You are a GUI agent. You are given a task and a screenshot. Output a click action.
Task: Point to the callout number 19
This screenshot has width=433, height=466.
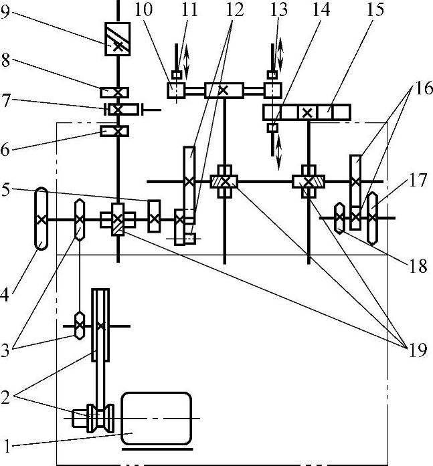[416, 348]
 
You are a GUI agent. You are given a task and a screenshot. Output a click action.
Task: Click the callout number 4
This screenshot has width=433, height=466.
[7, 292]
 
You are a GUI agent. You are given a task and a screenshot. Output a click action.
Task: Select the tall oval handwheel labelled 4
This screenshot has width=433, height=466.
[41, 219]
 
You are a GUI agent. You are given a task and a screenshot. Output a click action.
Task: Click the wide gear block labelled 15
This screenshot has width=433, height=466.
[307, 112]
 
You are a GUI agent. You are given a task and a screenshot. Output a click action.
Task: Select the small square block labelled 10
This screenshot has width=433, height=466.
[175, 90]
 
